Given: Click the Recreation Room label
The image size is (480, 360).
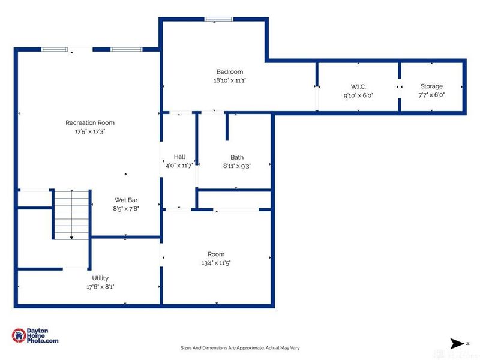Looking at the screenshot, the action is [x=90, y=123].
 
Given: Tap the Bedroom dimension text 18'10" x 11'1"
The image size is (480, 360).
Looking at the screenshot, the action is [x=230, y=80].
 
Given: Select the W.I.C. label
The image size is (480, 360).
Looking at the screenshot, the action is [x=358, y=86].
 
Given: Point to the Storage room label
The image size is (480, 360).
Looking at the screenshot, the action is [x=431, y=86].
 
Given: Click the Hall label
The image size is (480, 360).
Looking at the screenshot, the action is [x=179, y=157].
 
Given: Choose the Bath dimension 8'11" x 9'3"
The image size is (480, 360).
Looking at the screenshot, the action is [x=237, y=166].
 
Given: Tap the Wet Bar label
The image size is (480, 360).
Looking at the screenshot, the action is [x=126, y=200].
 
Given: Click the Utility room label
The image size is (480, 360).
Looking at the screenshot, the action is [x=100, y=278].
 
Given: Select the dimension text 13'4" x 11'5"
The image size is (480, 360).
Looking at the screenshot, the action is [x=216, y=263].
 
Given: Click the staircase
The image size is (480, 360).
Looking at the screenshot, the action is [x=71, y=215].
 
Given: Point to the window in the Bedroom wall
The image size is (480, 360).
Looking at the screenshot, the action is [x=218, y=19].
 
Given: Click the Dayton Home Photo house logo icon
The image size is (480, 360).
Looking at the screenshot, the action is [x=19, y=335].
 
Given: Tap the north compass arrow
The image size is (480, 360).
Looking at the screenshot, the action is [x=457, y=343].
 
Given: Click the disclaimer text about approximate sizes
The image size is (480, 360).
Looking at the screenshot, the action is [x=240, y=348].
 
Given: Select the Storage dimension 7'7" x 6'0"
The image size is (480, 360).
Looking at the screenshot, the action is [x=431, y=95].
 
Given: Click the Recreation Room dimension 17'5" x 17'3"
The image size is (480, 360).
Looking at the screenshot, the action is [x=90, y=131].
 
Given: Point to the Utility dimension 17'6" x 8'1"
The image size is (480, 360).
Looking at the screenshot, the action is [x=100, y=287].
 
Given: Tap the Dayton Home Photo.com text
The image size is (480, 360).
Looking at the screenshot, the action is [x=42, y=335].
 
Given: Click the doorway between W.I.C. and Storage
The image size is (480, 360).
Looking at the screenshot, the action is [x=400, y=87].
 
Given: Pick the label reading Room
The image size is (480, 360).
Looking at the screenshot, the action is [x=216, y=254].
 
